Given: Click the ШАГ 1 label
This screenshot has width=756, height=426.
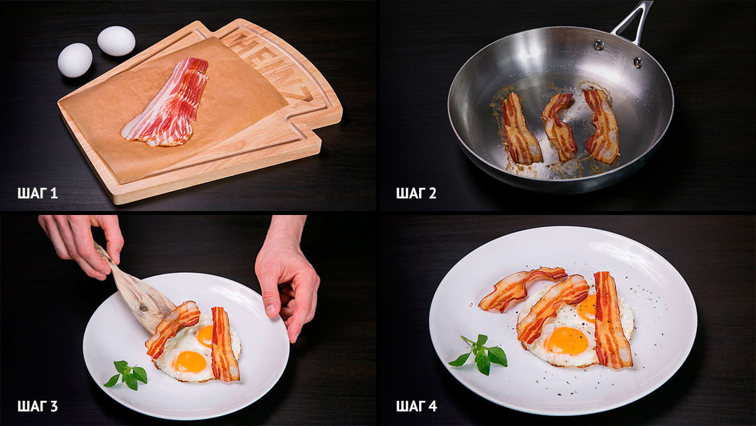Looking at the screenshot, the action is pyautogui.click(x=38, y=194).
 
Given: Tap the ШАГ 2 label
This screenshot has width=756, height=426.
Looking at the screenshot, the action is pyautogui.click(x=416, y=194).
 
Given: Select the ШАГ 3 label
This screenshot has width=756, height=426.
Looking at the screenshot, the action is pyautogui.click(x=38, y=406).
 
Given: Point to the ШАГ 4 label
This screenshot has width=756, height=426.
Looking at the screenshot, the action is pyautogui.click(x=416, y=406).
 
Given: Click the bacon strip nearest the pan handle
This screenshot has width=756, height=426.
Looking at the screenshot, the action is pyautogui.click(x=601, y=125).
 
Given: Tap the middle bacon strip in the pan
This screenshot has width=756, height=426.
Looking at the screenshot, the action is pyautogui.click(x=559, y=126).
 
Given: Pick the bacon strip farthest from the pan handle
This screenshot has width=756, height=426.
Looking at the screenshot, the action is pyautogui.click(x=520, y=130).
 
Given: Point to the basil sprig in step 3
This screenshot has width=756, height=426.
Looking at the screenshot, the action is pyautogui.click(x=126, y=374).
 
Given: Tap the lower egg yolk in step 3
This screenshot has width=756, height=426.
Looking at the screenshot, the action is pyautogui.click(x=190, y=362).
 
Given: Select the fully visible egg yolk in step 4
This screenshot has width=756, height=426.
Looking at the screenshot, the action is pyautogui.click(x=567, y=340).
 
